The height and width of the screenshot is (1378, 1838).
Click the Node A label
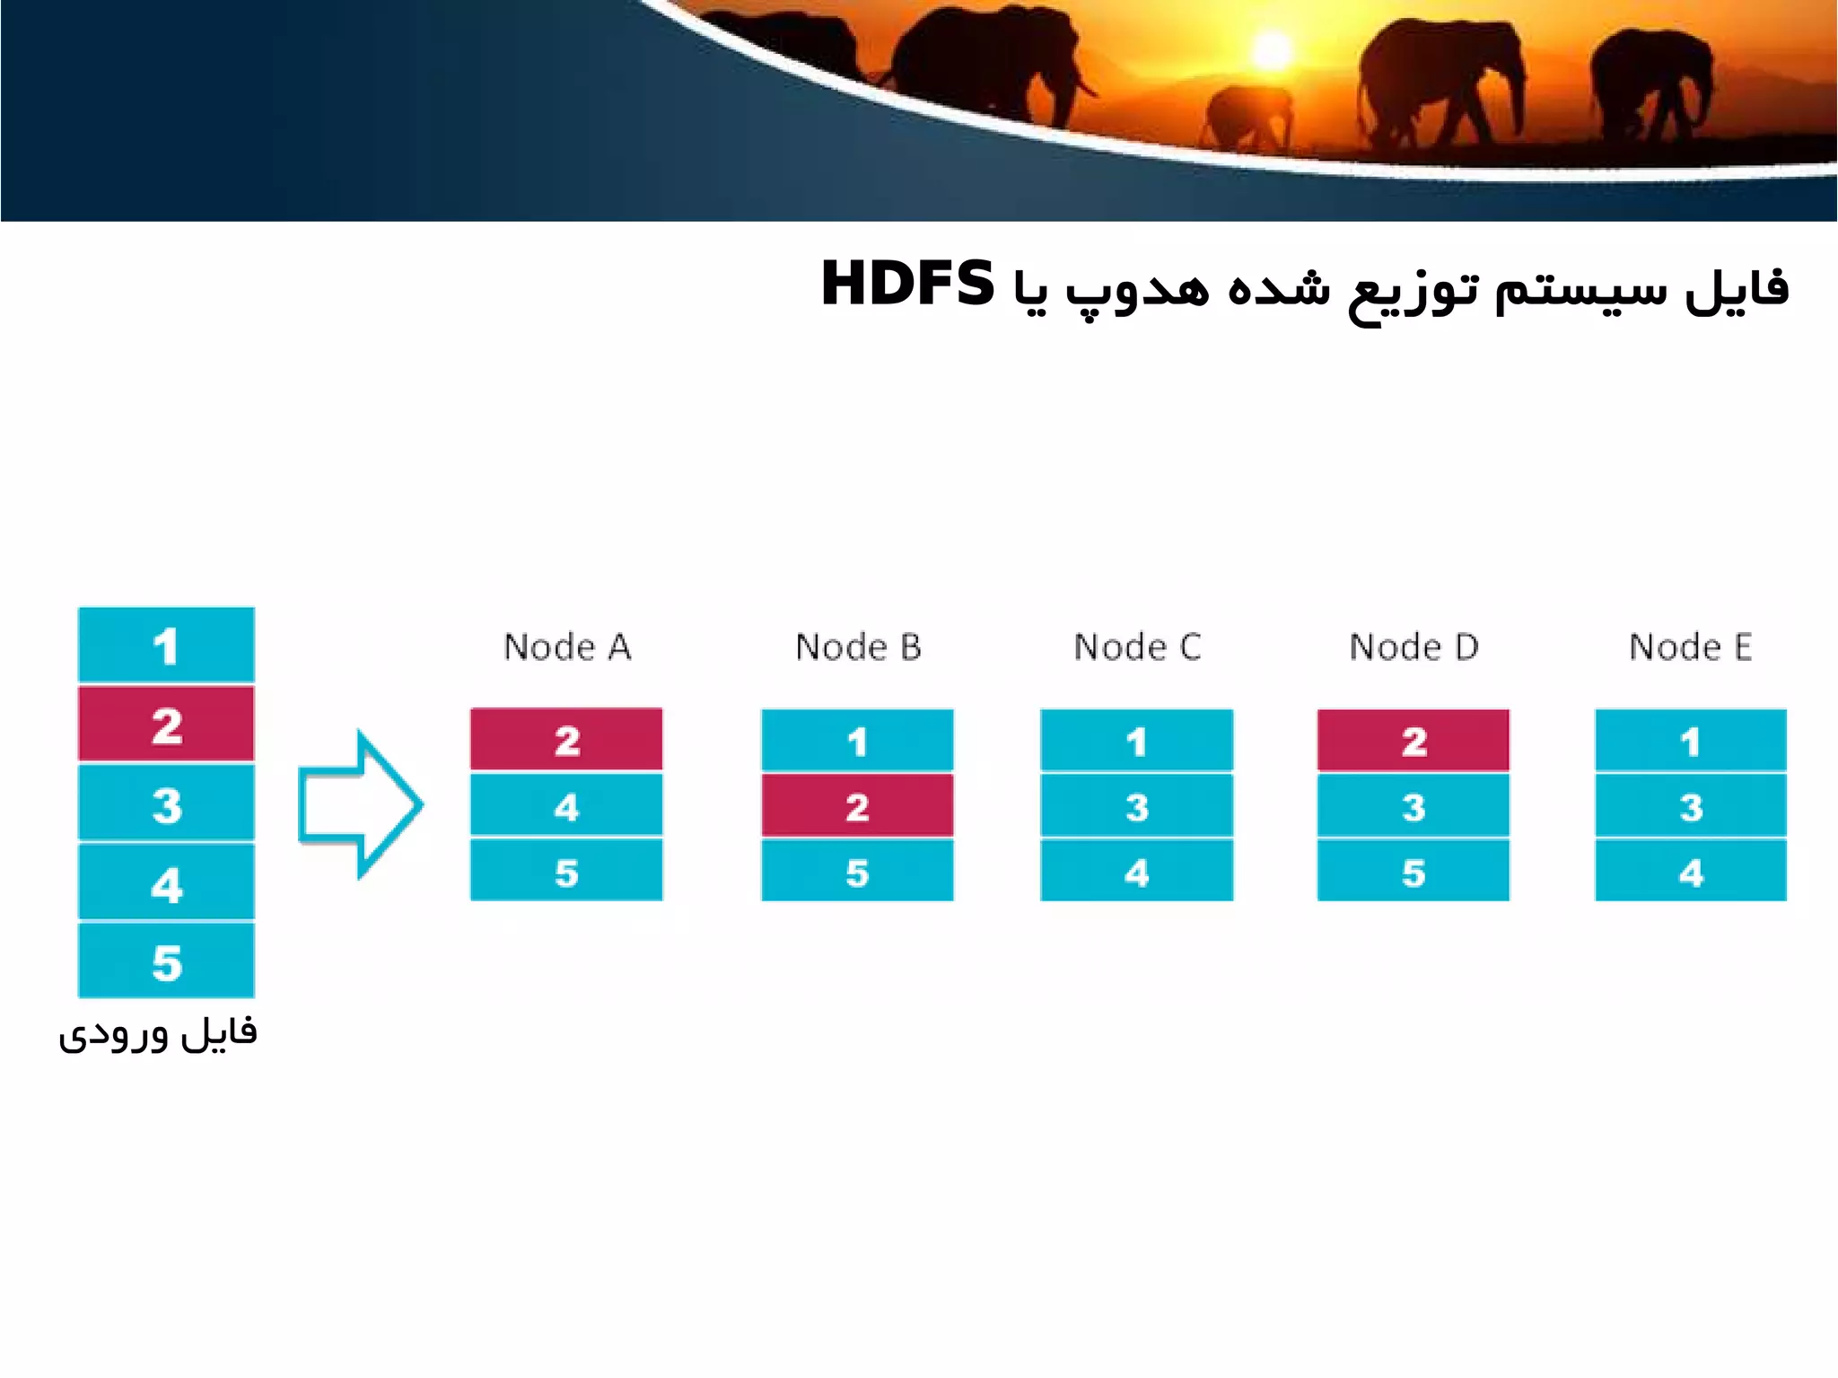[567, 647]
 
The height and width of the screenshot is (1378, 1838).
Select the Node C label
[1137, 647]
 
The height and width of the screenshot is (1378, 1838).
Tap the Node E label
[1690, 647]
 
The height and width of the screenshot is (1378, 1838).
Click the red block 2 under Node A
[566, 740]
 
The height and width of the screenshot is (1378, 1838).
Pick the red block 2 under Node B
[857, 806]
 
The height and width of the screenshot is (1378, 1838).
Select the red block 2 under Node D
[1414, 741]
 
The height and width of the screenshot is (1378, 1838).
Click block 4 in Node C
[1136, 871]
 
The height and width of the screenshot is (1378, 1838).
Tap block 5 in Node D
[1414, 871]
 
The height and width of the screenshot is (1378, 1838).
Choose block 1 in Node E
[1690, 741]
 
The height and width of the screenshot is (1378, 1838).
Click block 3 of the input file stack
[166, 803]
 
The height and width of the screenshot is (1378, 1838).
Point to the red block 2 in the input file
[166, 724]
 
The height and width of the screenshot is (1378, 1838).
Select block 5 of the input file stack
[166, 961]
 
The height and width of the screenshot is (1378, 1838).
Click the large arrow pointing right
[359, 804]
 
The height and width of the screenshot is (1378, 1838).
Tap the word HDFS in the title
[907, 285]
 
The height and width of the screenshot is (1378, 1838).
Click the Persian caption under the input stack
[158, 1034]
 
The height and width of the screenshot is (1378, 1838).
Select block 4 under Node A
[566, 806]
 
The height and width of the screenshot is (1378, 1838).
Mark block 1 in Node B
[857, 741]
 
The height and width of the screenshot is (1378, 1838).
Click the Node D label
[1414, 647]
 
